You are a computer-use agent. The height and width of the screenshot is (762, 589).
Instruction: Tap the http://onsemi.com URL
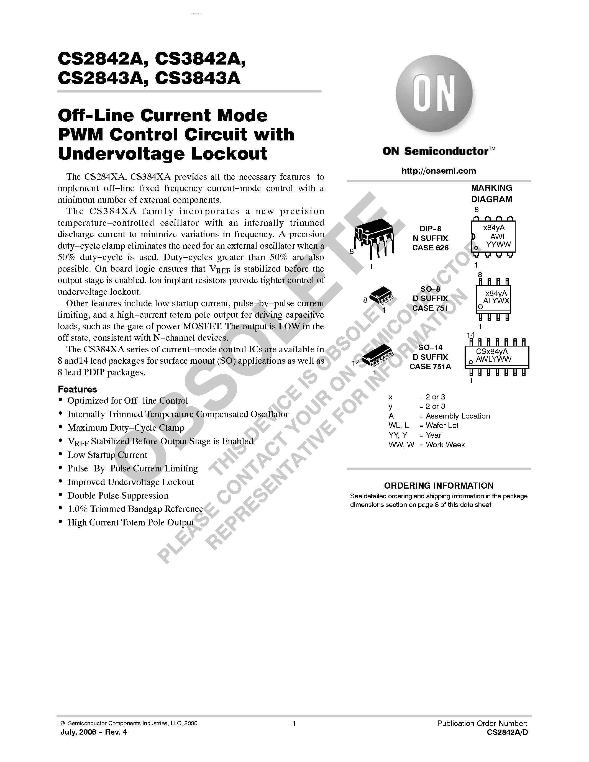point(439,171)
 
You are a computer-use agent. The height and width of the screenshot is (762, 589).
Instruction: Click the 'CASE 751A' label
point(430,367)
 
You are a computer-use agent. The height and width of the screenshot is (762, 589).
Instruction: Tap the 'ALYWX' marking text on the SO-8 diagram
point(496,301)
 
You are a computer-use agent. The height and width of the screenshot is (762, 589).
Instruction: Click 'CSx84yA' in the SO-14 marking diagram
point(492,352)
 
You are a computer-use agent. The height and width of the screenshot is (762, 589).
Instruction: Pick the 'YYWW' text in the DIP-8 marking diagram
point(498,245)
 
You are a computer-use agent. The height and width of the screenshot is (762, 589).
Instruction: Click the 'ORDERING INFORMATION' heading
point(439,486)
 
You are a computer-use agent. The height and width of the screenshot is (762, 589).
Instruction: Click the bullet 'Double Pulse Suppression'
point(118,496)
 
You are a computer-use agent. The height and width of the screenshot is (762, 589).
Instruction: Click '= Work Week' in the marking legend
point(442,445)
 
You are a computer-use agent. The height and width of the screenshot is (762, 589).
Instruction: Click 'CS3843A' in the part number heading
point(198,78)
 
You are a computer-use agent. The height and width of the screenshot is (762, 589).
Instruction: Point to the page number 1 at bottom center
point(294,723)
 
